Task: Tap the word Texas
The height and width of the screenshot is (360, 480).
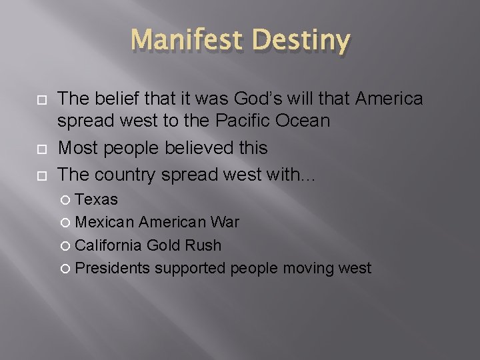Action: click(97, 199)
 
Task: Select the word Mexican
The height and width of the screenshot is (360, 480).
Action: click(103, 223)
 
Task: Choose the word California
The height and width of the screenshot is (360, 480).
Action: click(108, 245)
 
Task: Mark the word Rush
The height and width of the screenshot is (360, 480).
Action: click(203, 245)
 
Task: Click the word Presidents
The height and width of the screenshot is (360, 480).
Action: click(112, 269)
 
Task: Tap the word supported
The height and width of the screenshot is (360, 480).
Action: click(191, 269)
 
